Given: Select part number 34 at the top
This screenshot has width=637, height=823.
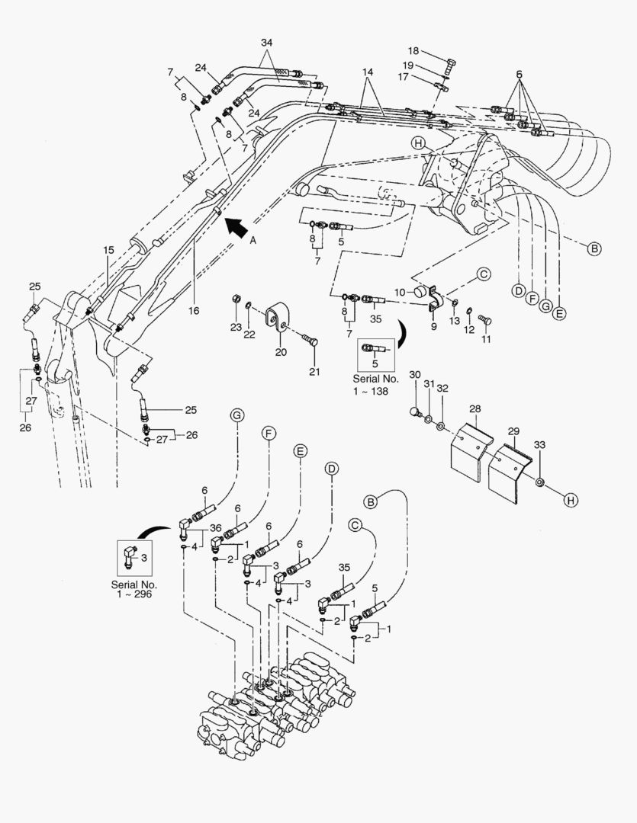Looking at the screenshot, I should tap(265, 43).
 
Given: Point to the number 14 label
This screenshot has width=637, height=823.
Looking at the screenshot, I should tap(368, 72).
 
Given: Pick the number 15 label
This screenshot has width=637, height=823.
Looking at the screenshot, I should tap(108, 250).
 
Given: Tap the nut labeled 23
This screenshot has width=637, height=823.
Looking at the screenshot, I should tap(236, 299).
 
